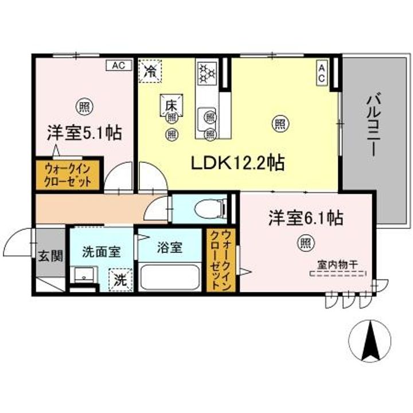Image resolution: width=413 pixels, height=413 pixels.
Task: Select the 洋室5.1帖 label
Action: (84, 134)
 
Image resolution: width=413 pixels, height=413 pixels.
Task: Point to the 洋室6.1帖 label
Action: (306, 218)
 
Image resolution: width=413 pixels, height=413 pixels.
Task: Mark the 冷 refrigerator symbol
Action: (151, 72)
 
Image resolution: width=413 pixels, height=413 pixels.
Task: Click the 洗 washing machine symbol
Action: (119, 280)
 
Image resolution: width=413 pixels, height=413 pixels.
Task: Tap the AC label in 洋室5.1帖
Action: (118, 65)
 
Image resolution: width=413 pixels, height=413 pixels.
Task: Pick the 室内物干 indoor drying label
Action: (338, 265)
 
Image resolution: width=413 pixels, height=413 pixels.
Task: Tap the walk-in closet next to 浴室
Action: (220, 260)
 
